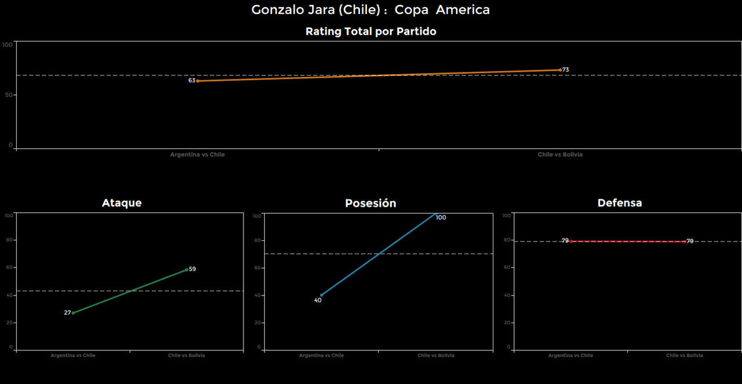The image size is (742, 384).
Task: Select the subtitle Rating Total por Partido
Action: [370, 32]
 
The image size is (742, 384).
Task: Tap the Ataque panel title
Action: [122, 203]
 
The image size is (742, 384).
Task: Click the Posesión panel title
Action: [370, 203]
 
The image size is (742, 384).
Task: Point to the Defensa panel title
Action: [620, 203]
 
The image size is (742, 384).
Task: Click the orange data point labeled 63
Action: [198, 81]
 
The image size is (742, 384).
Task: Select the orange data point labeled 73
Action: [561, 70]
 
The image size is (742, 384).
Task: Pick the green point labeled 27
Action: [73, 313]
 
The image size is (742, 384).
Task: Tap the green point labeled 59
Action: [187, 269]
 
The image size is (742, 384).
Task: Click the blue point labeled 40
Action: [321, 295]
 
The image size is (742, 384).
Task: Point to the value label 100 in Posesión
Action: [441, 218]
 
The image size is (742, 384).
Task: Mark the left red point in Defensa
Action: [571, 241]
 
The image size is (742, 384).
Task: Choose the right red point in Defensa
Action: [685, 241]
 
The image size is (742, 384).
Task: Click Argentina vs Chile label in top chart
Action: [197, 155]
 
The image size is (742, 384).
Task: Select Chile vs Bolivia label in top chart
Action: [560, 155]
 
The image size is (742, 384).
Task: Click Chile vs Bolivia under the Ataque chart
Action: [186, 356]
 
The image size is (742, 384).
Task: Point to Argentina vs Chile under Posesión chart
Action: [321, 356]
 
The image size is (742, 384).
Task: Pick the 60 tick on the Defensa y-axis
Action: [507, 268]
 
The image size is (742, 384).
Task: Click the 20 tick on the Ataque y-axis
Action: [9, 323]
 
